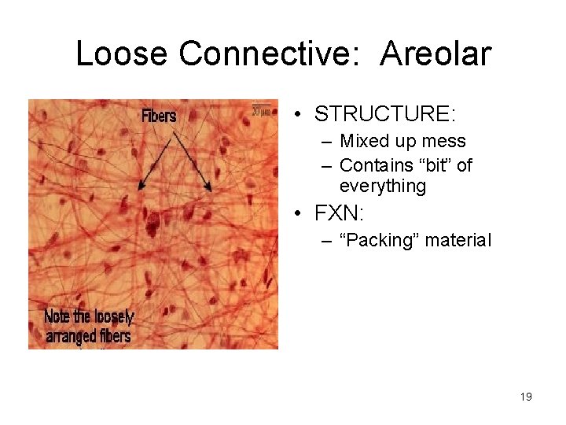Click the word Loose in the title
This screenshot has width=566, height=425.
pos(123,54)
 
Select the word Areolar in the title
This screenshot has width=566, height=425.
pos(436,54)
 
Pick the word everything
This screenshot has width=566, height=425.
pos(383,186)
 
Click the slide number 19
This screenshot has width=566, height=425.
pos(526,397)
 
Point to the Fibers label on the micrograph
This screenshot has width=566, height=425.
pos(159,116)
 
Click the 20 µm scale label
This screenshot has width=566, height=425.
pos(261,110)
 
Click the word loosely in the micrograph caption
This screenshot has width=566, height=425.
pos(113,317)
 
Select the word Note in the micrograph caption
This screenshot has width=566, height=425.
pos(57,317)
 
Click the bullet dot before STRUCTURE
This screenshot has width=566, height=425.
pos(300,115)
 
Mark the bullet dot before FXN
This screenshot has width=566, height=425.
pos(300,213)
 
